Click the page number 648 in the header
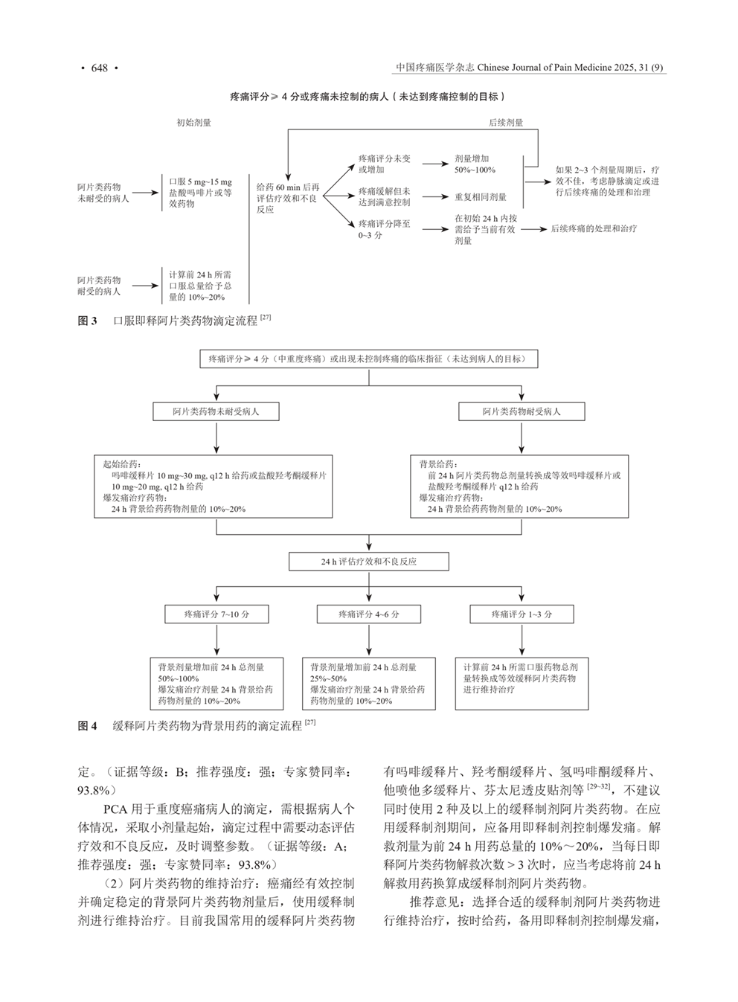pyautogui.click(x=100, y=68)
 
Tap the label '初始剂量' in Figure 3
pyautogui.click(x=194, y=123)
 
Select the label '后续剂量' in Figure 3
pyautogui.click(x=506, y=123)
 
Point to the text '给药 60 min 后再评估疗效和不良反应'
pyautogui.click(x=288, y=199)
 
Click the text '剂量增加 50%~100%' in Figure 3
pyautogui.click(x=475, y=164)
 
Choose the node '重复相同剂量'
pyautogui.click(x=481, y=197)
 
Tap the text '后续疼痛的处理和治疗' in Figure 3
pyautogui.click(x=594, y=230)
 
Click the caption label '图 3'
pyautogui.click(x=88, y=321)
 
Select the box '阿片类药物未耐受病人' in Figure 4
pyautogui.click(x=216, y=411)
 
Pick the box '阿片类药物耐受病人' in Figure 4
pyautogui.click(x=522, y=411)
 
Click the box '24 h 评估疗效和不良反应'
pyautogui.click(x=369, y=562)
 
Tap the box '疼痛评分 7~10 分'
pyautogui.click(x=216, y=614)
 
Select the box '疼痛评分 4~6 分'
pyautogui.click(x=369, y=614)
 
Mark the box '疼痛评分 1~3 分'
pyautogui.click(x=522, y=614)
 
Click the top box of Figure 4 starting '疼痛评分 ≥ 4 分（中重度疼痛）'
pyautogui.click(x=369, y=359)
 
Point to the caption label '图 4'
pyautogui.click(x=88, y=725)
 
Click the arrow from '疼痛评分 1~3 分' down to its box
pyautogui.click(x=522, y=640)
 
